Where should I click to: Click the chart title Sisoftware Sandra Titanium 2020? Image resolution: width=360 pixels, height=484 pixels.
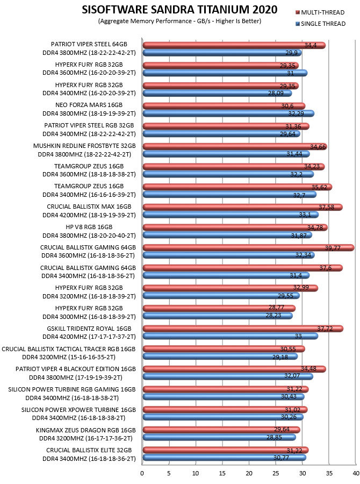click(x=179, y=10)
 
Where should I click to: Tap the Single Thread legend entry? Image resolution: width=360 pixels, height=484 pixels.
click(x=321, y=24)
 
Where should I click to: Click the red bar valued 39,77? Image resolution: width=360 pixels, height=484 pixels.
click(x=248, y=247)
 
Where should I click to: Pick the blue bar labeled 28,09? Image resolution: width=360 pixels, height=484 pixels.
click(x=217, y=93)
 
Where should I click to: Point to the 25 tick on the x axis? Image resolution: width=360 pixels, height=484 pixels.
click(x=276, y=473)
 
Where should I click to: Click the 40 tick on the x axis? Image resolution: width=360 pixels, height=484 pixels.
click(x=356, y=473)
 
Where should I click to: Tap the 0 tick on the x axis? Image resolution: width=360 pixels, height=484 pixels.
click(x=142, y=473)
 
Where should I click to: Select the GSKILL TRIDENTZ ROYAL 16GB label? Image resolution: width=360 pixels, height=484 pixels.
click(x=89, y=329)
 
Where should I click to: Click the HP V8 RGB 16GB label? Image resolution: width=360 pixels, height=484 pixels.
click(x=89, y=227)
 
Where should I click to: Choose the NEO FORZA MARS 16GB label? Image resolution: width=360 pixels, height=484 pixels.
click(x=89, y=105)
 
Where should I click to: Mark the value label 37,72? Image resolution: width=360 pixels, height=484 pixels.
click(x=325, y=329)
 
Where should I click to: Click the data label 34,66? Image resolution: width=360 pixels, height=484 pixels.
click(x=318, y=147)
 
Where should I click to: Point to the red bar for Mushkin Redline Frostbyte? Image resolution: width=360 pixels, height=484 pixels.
click(x=235, y=146)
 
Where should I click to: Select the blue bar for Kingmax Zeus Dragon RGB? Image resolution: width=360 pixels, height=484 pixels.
click(x=219, y=437)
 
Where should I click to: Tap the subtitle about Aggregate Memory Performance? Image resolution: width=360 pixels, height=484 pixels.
click(x=179, y=21)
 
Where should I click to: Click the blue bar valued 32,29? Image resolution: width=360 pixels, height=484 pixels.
click(x=228, y=113)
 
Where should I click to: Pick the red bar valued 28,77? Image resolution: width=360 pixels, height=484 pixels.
click(x=219, y=308)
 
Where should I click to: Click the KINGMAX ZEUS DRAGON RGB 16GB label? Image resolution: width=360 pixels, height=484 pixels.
click(x=86, y=430)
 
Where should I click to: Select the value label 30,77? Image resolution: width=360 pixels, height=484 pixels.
click(x=282, y=458)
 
